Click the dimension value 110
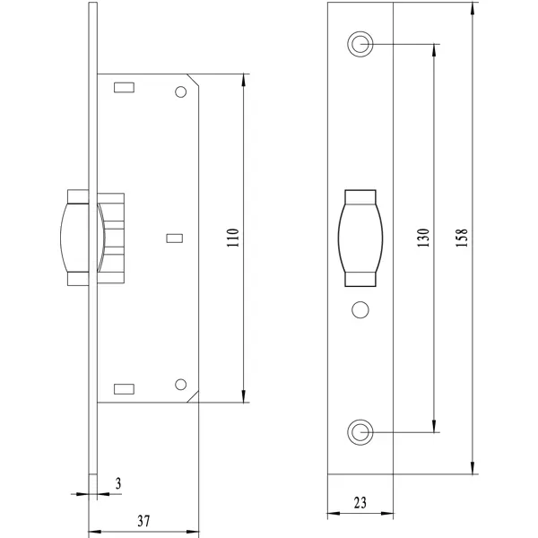[x=233, y=238]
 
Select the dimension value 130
[x=423, y=238]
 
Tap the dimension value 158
[x=462, y=238]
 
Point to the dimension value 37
[x=143, y=521]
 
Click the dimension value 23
[x=360, y=503]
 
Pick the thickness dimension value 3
[x=118, y=483]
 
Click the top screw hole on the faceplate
[x=360, y=44]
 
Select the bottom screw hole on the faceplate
[x=360, y=432]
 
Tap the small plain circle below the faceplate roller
[x=360, y=310]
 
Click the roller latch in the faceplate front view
[x=360, y=239]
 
